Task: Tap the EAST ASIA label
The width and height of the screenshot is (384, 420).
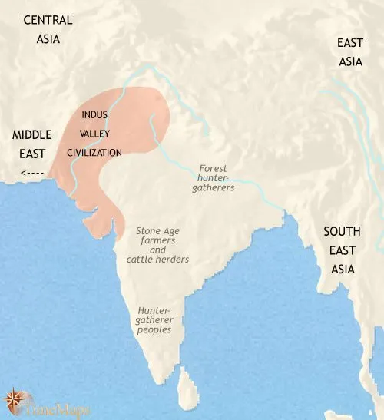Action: tap(349, 52)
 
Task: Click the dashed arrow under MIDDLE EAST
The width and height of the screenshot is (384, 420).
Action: tap(33, 172)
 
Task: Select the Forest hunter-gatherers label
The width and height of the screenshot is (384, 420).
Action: tap(214, 177)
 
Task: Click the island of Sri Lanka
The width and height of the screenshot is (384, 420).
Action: tap(184, 379)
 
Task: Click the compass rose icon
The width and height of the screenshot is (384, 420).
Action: tap(14, 399)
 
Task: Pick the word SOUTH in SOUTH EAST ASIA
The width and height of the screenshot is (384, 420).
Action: tap(343, 231)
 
